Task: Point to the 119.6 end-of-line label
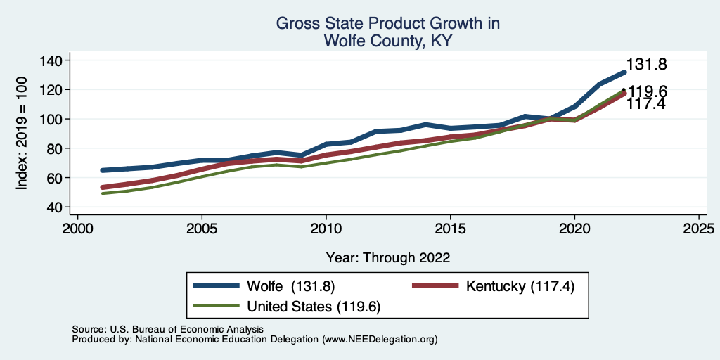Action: (x=648, y=92)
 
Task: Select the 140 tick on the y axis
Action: (x=51, y=60)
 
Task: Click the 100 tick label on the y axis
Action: (x=51, y=119)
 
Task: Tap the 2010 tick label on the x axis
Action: (x=326, y=229)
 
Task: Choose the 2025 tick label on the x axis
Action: (x=699, y=229)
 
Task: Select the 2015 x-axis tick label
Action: (x=450, y=229)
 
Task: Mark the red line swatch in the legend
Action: (x=435, y=286)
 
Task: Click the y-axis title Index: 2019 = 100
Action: (x=22, y=134)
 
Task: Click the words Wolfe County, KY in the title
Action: (x=387, y=41)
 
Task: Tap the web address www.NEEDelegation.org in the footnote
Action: (x=380, y=339)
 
